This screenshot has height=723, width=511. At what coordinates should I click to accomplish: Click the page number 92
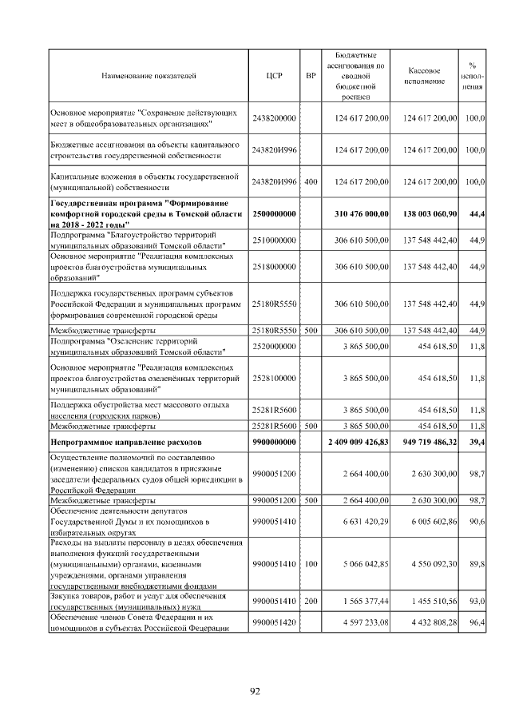tap(255, 692)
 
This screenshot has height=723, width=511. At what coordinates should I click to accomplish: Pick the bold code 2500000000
tap(274, 215)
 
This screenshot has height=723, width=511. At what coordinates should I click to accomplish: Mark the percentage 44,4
tap(476, 215)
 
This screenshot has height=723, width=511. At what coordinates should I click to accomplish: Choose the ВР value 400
tap(311, 181)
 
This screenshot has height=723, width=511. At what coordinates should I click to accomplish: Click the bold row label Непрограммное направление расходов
tap(126, 441)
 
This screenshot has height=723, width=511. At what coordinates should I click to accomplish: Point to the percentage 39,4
tap(476, 441)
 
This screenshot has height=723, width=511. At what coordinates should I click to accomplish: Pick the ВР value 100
tap(311, 564)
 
